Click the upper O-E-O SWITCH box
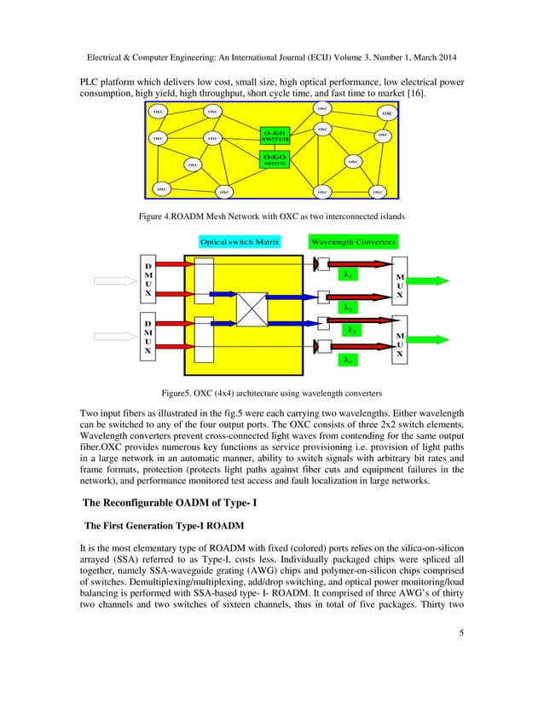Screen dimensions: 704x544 (x=275, y=136)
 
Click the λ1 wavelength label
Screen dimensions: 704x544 (x=348, y=274)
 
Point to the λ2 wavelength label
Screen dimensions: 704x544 (x=348, y=307)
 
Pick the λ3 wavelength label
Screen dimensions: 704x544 (x=352, y=329)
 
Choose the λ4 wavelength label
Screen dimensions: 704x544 (x=348, y=361)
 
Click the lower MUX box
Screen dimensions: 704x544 (x=400, y=343)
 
